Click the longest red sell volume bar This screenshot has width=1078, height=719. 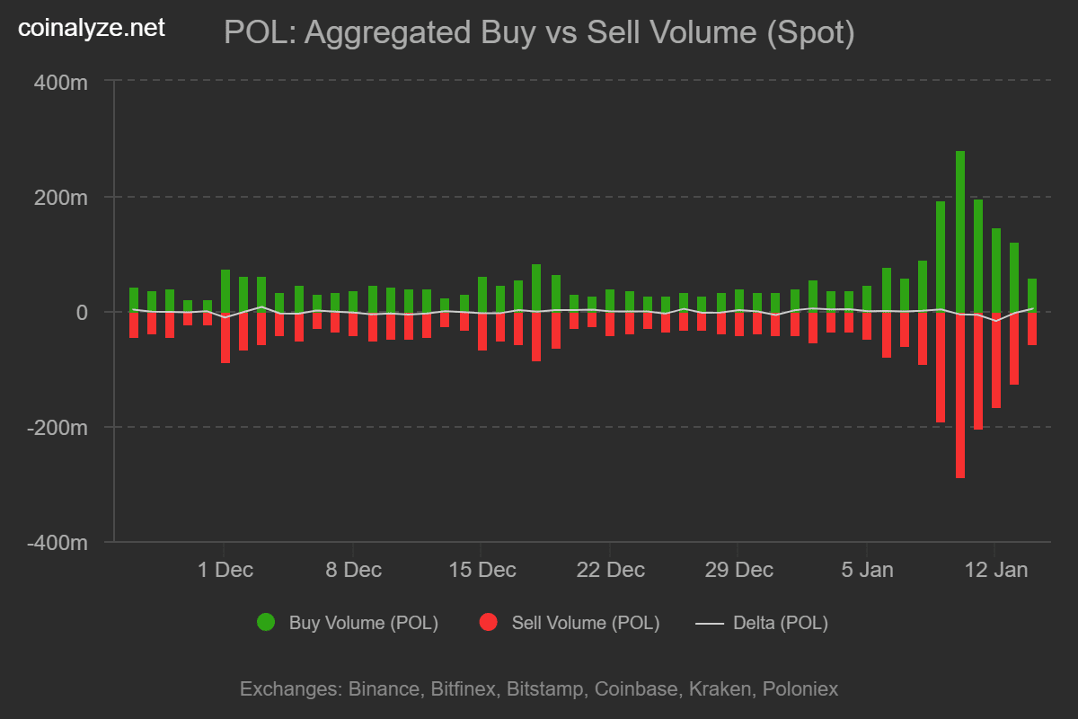pos(960,395)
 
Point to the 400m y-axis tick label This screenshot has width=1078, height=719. pos(62,82)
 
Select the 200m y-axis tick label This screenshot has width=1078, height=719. pos(62,197)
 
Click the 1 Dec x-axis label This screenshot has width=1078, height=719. pos(225,570)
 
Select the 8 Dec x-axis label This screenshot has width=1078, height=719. pos(354,570)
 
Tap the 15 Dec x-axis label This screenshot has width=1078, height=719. pos(482,570)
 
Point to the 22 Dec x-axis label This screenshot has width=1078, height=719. pos(611,570)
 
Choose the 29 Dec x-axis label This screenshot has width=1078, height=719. pos(739,570)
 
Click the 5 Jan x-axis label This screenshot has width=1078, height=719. pos(867,570)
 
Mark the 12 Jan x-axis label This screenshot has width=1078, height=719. pos(994,570)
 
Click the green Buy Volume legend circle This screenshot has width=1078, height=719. pos(266,622)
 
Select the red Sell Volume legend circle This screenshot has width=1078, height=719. pos(489,622)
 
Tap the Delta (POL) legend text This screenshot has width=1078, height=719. pos(781,623)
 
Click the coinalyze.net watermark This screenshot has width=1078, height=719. pos(92,29)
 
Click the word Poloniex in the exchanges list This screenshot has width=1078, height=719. pos(800,689)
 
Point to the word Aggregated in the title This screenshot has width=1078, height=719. pos(388,33)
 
